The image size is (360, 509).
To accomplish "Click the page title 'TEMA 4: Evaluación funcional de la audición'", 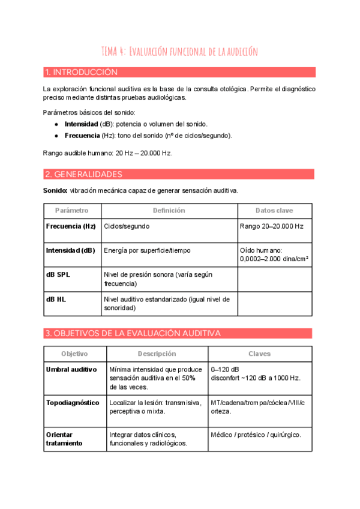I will (179, 52).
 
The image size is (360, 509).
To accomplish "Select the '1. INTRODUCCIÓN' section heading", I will (81, 73).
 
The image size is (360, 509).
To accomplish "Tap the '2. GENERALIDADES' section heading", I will (83, 174).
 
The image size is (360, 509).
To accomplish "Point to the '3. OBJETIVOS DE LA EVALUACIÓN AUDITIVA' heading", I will (133, 333).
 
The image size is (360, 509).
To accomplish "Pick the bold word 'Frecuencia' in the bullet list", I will (82, 135).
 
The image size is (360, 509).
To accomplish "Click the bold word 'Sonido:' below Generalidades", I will (55, 190).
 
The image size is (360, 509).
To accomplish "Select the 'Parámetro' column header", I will (71, 211).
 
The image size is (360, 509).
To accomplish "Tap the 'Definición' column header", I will (169, 211).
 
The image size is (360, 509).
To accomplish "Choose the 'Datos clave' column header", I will (274, 211).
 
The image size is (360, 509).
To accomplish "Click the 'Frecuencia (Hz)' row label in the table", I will (71, 227).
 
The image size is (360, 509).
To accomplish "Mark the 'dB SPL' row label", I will (58, 274).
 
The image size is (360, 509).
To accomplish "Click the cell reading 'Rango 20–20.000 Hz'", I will (271, 227).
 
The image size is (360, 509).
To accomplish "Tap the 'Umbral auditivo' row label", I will (71, 370).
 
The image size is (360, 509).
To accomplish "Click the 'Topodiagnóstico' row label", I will (73, 403).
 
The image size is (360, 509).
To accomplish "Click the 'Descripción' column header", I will (157, 354).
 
